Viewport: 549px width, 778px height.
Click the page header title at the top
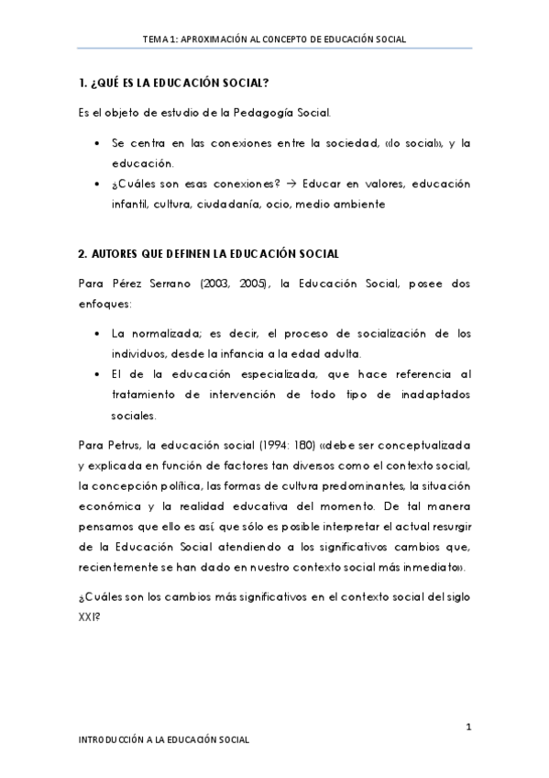click(274, 39)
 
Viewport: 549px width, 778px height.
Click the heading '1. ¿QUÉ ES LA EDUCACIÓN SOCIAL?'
click(173, 83)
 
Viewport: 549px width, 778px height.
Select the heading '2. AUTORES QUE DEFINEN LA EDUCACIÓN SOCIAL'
click(211, 252)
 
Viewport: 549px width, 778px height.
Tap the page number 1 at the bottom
click(467, 728)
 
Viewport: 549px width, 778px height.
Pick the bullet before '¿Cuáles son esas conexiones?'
click(98, 184)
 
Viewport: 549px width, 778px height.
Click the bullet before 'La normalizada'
click(98, 333)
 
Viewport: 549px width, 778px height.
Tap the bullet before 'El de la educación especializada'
click(98, 374)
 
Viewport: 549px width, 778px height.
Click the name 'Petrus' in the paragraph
click(127, 445)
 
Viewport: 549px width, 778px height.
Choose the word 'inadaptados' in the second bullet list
click(429, 395)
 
